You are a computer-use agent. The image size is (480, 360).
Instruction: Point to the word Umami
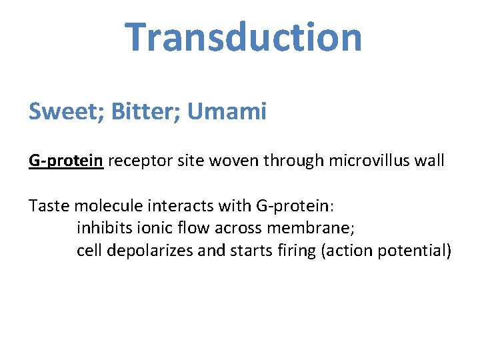coord(227,111)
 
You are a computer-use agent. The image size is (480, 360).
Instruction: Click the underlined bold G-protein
coord(65,161)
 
